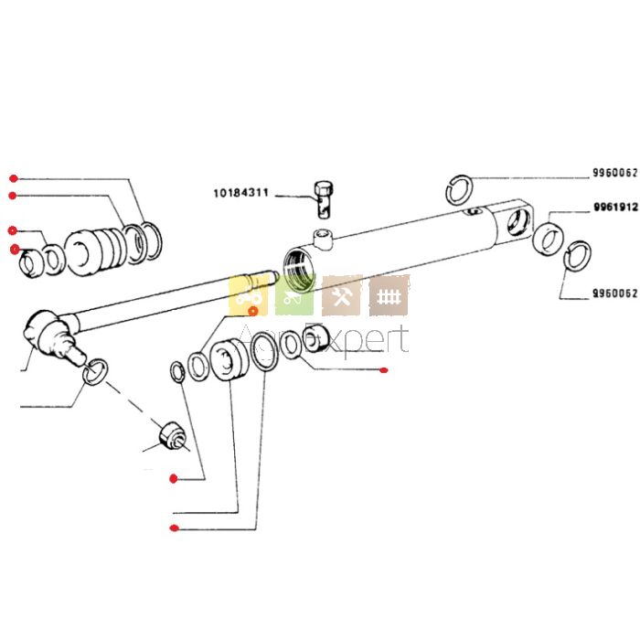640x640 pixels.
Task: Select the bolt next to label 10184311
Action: [323, 197]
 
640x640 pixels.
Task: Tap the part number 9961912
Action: [614, 208]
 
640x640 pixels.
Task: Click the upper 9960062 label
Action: [614, 174]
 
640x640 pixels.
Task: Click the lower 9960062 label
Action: [614, 294]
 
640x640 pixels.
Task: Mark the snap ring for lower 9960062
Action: [577, 256]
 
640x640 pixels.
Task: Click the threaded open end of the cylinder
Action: [300, 267]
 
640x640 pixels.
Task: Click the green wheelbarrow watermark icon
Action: [295, 295]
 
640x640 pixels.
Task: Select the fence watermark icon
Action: [389, 295]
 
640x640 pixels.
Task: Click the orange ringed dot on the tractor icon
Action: [253, 311]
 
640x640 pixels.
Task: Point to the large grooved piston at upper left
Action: [96, 248]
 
